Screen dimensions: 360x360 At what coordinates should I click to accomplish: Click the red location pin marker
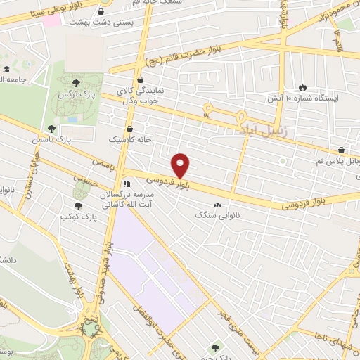[x=181, y=166]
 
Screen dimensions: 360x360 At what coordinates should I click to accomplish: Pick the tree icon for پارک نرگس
[x=86, y=84]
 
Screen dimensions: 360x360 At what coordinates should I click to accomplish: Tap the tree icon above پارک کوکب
[x=78, y=205]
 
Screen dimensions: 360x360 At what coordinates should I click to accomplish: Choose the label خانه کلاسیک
[x=124, y=139]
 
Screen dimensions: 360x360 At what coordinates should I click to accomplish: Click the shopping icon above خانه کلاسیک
[x=130, y=129]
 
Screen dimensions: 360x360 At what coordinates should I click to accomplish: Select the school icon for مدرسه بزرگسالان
[x=127, y=183]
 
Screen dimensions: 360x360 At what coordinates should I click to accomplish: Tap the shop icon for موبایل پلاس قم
[x=341, y=150]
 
